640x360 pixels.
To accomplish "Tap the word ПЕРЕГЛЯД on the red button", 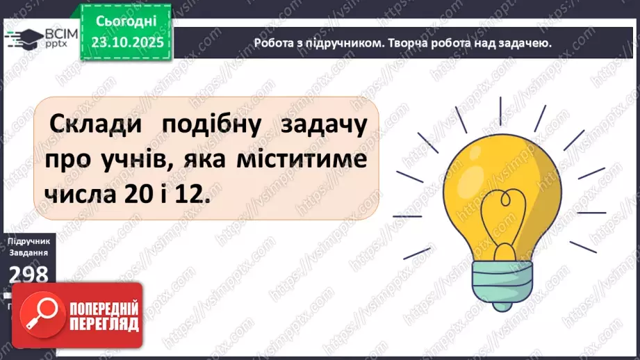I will click(x=101, y=325).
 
